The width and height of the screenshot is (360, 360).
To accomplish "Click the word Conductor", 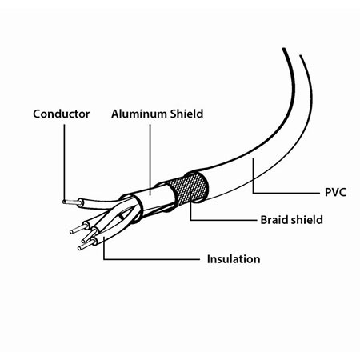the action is click(62, 114).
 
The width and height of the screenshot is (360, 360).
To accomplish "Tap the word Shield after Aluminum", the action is click(187, 114).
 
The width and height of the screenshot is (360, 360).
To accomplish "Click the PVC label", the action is click(335, 192).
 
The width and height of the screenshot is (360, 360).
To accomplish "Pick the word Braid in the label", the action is click(274, 220).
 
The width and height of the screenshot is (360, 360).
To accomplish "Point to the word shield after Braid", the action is click(307, 220).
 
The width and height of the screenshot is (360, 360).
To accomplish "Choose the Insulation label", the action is click(234, 259).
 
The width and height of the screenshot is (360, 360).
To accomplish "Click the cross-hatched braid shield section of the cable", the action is click(190, 187).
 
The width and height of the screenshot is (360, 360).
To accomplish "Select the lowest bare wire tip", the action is click(86, 246).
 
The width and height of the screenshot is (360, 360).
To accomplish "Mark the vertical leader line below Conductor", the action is click(64, 162).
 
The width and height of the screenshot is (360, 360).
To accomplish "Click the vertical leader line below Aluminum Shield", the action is click(150, 159).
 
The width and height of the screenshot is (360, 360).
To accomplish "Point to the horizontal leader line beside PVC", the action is click(286, 193).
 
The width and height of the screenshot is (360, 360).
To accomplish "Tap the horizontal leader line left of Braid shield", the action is click(223, 220).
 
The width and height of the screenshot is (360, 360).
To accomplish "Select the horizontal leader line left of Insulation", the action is click(152, 259).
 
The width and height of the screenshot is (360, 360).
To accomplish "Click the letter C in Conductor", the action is click(37, 114).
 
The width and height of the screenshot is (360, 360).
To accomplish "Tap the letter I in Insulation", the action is click(208, 259).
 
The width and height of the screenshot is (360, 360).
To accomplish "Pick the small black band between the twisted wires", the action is click(122, 216).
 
